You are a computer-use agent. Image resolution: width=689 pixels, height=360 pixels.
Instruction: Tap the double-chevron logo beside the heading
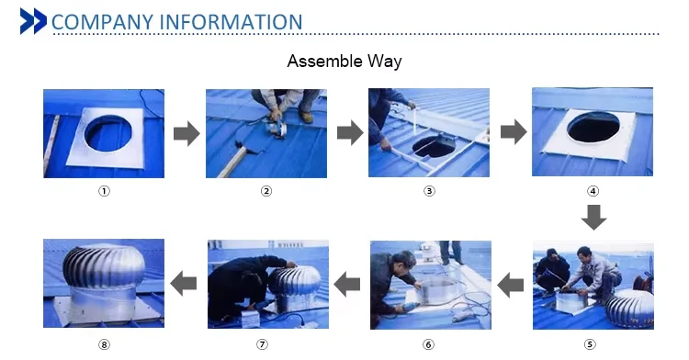[x=33, y=21]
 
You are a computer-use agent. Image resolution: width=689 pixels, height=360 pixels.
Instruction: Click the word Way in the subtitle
[x=385, y=62]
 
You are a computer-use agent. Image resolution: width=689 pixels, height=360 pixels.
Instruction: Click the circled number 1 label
[x=104, y=191]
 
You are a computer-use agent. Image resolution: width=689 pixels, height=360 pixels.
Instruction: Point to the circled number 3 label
[x=429, y=191]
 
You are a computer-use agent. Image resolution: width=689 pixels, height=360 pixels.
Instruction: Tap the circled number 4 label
[x=593, y=191]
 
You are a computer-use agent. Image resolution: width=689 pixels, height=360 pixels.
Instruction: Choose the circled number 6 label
[x=428, y=344]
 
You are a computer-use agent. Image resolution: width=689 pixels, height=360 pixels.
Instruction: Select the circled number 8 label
[x=104, y=344]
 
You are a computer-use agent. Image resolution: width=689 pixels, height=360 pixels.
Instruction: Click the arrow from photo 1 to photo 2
[x=186, y=133]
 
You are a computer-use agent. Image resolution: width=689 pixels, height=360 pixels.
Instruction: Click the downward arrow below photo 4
[x=593, y=218]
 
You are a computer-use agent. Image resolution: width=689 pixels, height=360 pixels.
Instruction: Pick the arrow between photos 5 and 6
[x=510, y=285]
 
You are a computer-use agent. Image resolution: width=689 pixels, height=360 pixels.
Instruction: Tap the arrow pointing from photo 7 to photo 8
[x=183, y=283]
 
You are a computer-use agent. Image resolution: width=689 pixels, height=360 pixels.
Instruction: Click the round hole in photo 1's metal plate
[x=107, y=133]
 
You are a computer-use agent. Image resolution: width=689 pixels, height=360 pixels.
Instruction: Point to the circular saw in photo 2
[x=277, y=128]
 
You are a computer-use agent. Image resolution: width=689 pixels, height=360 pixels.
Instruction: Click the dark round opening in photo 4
[x=593, y=127]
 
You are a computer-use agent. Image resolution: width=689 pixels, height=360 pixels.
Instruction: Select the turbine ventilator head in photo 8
[x=104, y=265]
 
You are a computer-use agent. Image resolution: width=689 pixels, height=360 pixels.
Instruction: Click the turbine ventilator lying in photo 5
[x=629, y=309]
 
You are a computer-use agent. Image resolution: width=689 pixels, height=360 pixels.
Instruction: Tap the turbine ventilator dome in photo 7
[x=294, y=281]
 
